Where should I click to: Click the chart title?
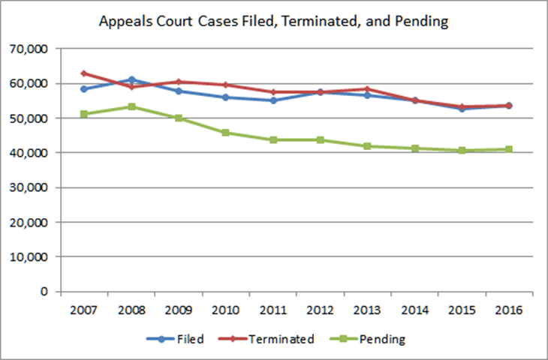point(273,22)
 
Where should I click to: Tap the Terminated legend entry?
point(272,339)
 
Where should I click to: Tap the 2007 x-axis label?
point(84,310)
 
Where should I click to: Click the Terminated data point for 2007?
point(84,73)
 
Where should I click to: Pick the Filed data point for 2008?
point(132,79)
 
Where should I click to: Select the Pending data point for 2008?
point(132,106)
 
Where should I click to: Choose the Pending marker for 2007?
point(84,114)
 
